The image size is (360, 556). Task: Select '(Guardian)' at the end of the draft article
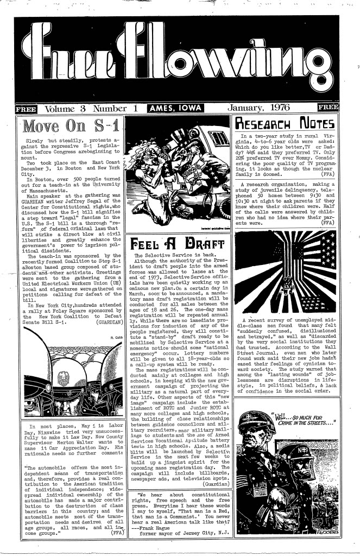point(216,498)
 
